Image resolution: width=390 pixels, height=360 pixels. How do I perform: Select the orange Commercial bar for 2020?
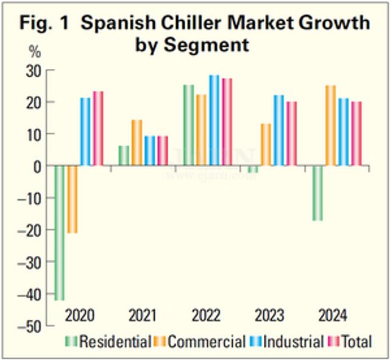tap(73, 199)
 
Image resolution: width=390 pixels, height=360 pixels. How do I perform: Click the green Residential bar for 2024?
tap(317, 193)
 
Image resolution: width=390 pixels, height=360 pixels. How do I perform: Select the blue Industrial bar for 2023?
tap(278, 130)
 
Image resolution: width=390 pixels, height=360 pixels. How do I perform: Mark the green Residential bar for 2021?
tap(124, 156)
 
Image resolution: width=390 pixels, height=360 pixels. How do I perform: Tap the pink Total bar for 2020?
tap(98, 129)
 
